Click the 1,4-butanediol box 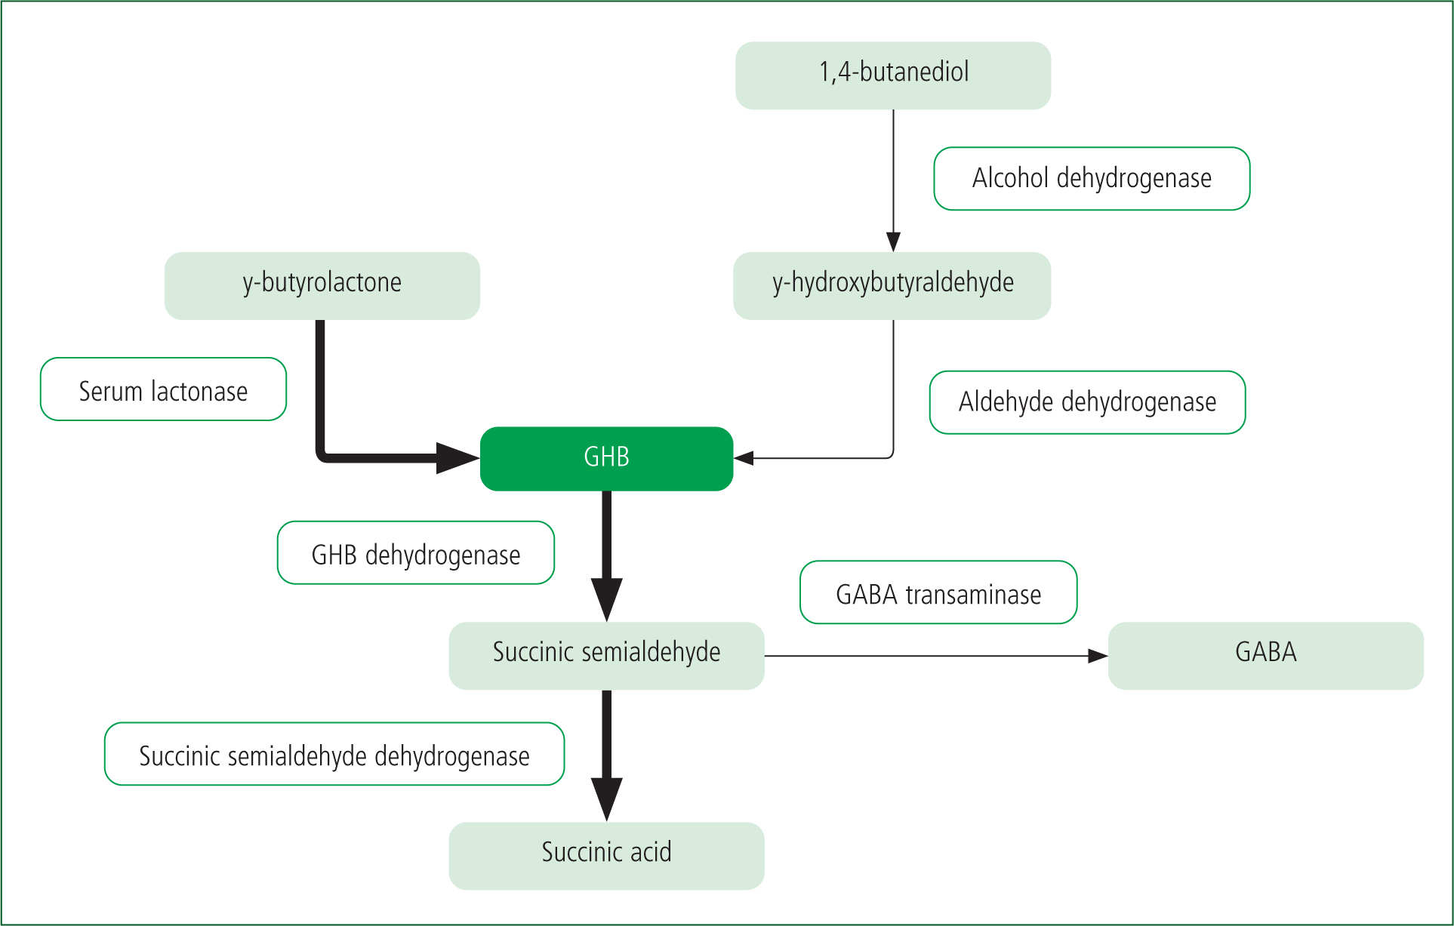click(x=893, y=75)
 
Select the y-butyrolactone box click(x=322, y=286)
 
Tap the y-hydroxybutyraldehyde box click(x=892, y=286)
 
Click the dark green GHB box click(x=607, y=459)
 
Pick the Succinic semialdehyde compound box click(x=607, y=656)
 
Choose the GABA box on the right click(x=1266, y=656)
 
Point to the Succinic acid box click(x=607, y=856)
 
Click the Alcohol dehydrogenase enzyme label click(x=1092, y=179)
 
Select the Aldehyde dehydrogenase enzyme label click(x=1088, y=402)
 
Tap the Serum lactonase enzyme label click(x=163, y=389)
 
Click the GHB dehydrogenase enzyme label click(x=416, y=552)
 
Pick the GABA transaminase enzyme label click(x=938, y=592)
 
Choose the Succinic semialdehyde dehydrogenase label click(x=334, y=754)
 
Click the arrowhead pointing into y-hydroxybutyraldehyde click(x=894, y=241)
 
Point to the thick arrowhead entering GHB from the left click(x=458, y=458)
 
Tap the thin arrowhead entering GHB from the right click(x=744, y=458)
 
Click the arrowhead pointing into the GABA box click(x=1098, y=656)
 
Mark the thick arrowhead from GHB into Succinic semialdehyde click(x=607, y=600)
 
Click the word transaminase click(x=973, y=595)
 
